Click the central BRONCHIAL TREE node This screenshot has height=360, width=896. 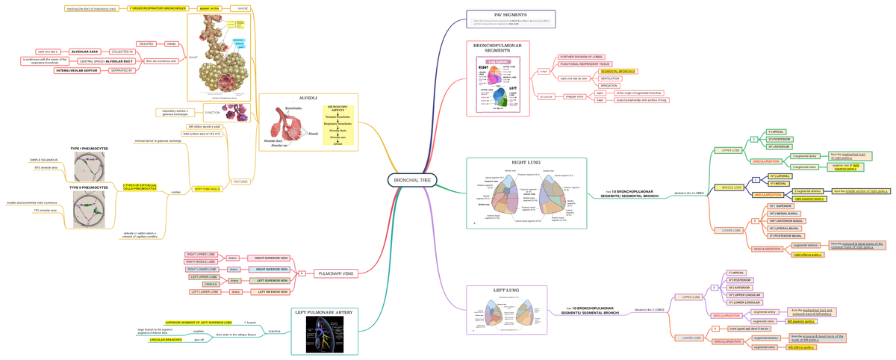click(x=412, y=179)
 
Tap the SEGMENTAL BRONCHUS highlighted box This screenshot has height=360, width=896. click(x=617, y=71)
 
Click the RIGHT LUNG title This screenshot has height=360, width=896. click(x=526, y=162)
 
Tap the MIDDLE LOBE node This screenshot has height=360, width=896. click(x=731, y=187)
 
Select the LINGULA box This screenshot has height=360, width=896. click(x=211, y=284)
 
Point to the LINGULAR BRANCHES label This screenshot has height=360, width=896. click(x=166, y=340)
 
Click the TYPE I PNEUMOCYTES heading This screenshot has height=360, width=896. click(x=89, y=149)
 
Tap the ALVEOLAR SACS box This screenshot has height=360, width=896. click(x=85, y=52)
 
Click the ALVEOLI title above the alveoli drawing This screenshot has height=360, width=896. click(x=308, y=98)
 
